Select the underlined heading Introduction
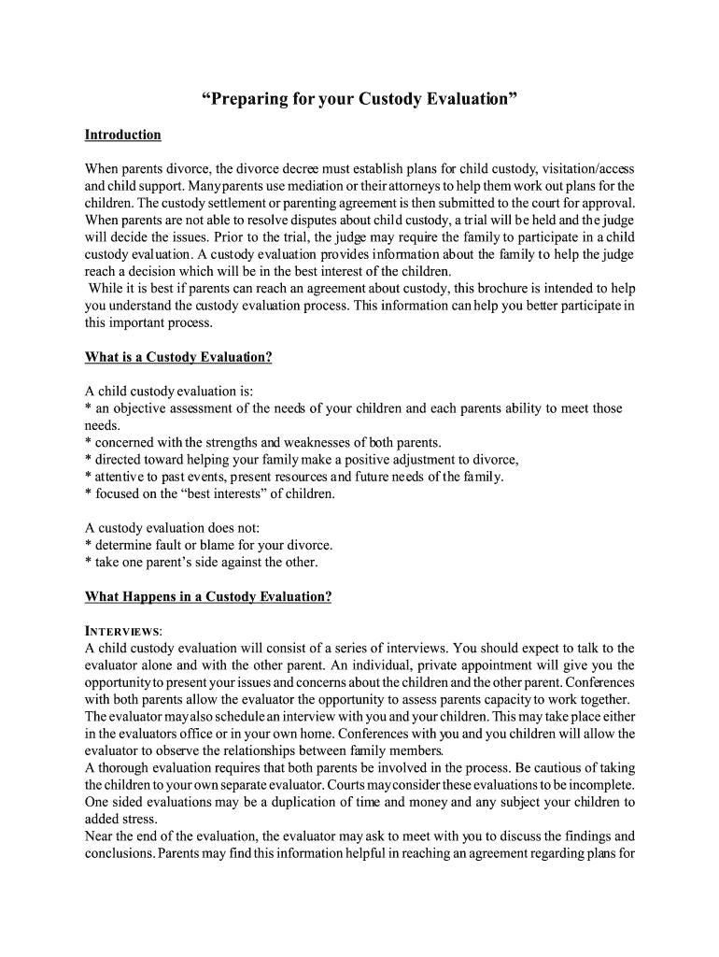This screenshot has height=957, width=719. [x=122, y=136]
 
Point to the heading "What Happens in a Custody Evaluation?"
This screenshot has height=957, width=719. [x=207, y=596]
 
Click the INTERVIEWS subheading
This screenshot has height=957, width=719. [x=123, y=631]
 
